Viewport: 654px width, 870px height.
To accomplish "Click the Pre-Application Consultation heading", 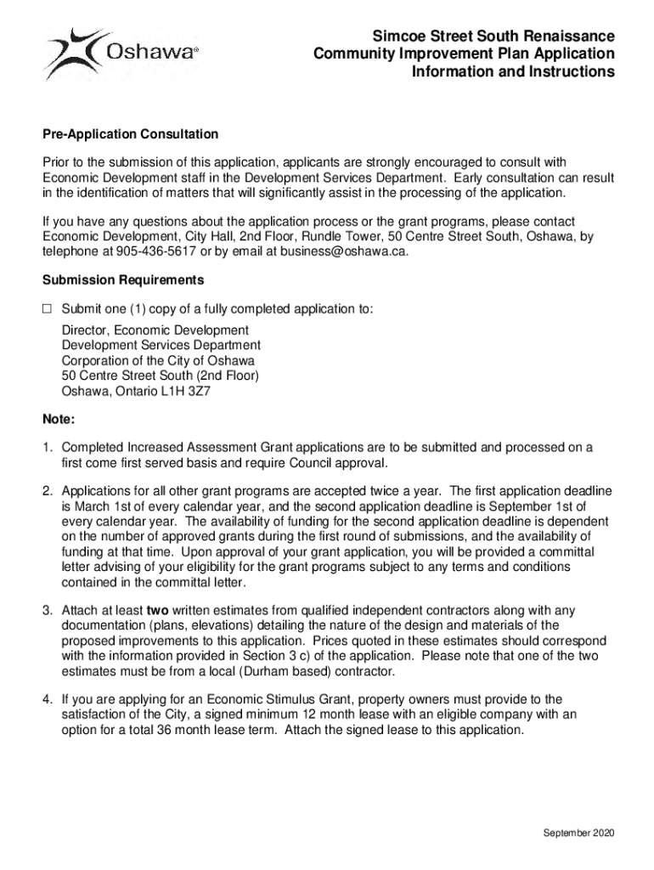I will click(130, 134).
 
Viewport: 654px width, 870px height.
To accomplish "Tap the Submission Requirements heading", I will click(123, 280).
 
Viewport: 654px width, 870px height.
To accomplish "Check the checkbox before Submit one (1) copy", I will click(48, 309).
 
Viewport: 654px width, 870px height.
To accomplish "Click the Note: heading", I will click(59, 420).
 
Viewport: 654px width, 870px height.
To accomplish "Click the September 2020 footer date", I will click(578, 832).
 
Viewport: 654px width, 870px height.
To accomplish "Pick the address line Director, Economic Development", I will click(155, 330).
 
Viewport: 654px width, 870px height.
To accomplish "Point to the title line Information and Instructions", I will click(513, 72).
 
